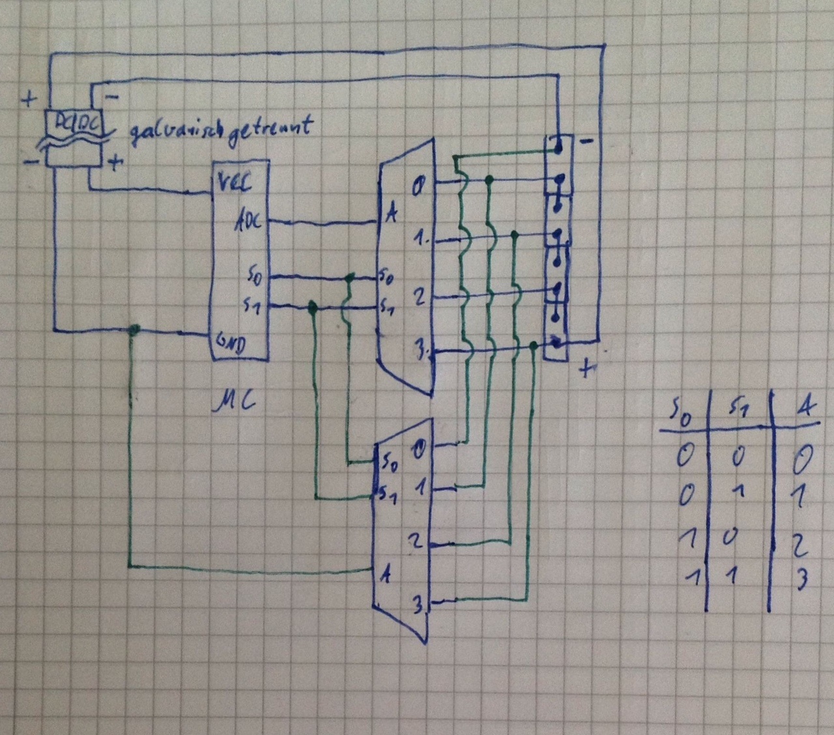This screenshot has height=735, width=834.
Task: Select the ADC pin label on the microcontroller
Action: point(248,222)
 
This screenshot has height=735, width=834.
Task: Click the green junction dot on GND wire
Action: point(134,330)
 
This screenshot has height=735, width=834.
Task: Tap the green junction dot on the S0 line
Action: point(351,278)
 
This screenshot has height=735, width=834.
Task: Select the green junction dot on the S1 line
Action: point(313,306)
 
